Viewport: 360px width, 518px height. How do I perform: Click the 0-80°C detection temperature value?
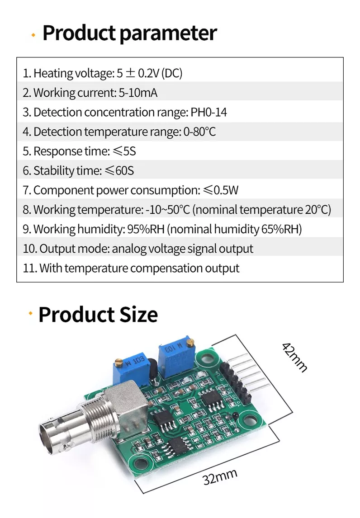199,132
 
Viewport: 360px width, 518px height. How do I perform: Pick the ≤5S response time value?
124,151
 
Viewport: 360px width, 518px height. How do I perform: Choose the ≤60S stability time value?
119,170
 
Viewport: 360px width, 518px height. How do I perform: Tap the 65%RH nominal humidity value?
281,229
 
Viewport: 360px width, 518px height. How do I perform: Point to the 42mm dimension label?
295,357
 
